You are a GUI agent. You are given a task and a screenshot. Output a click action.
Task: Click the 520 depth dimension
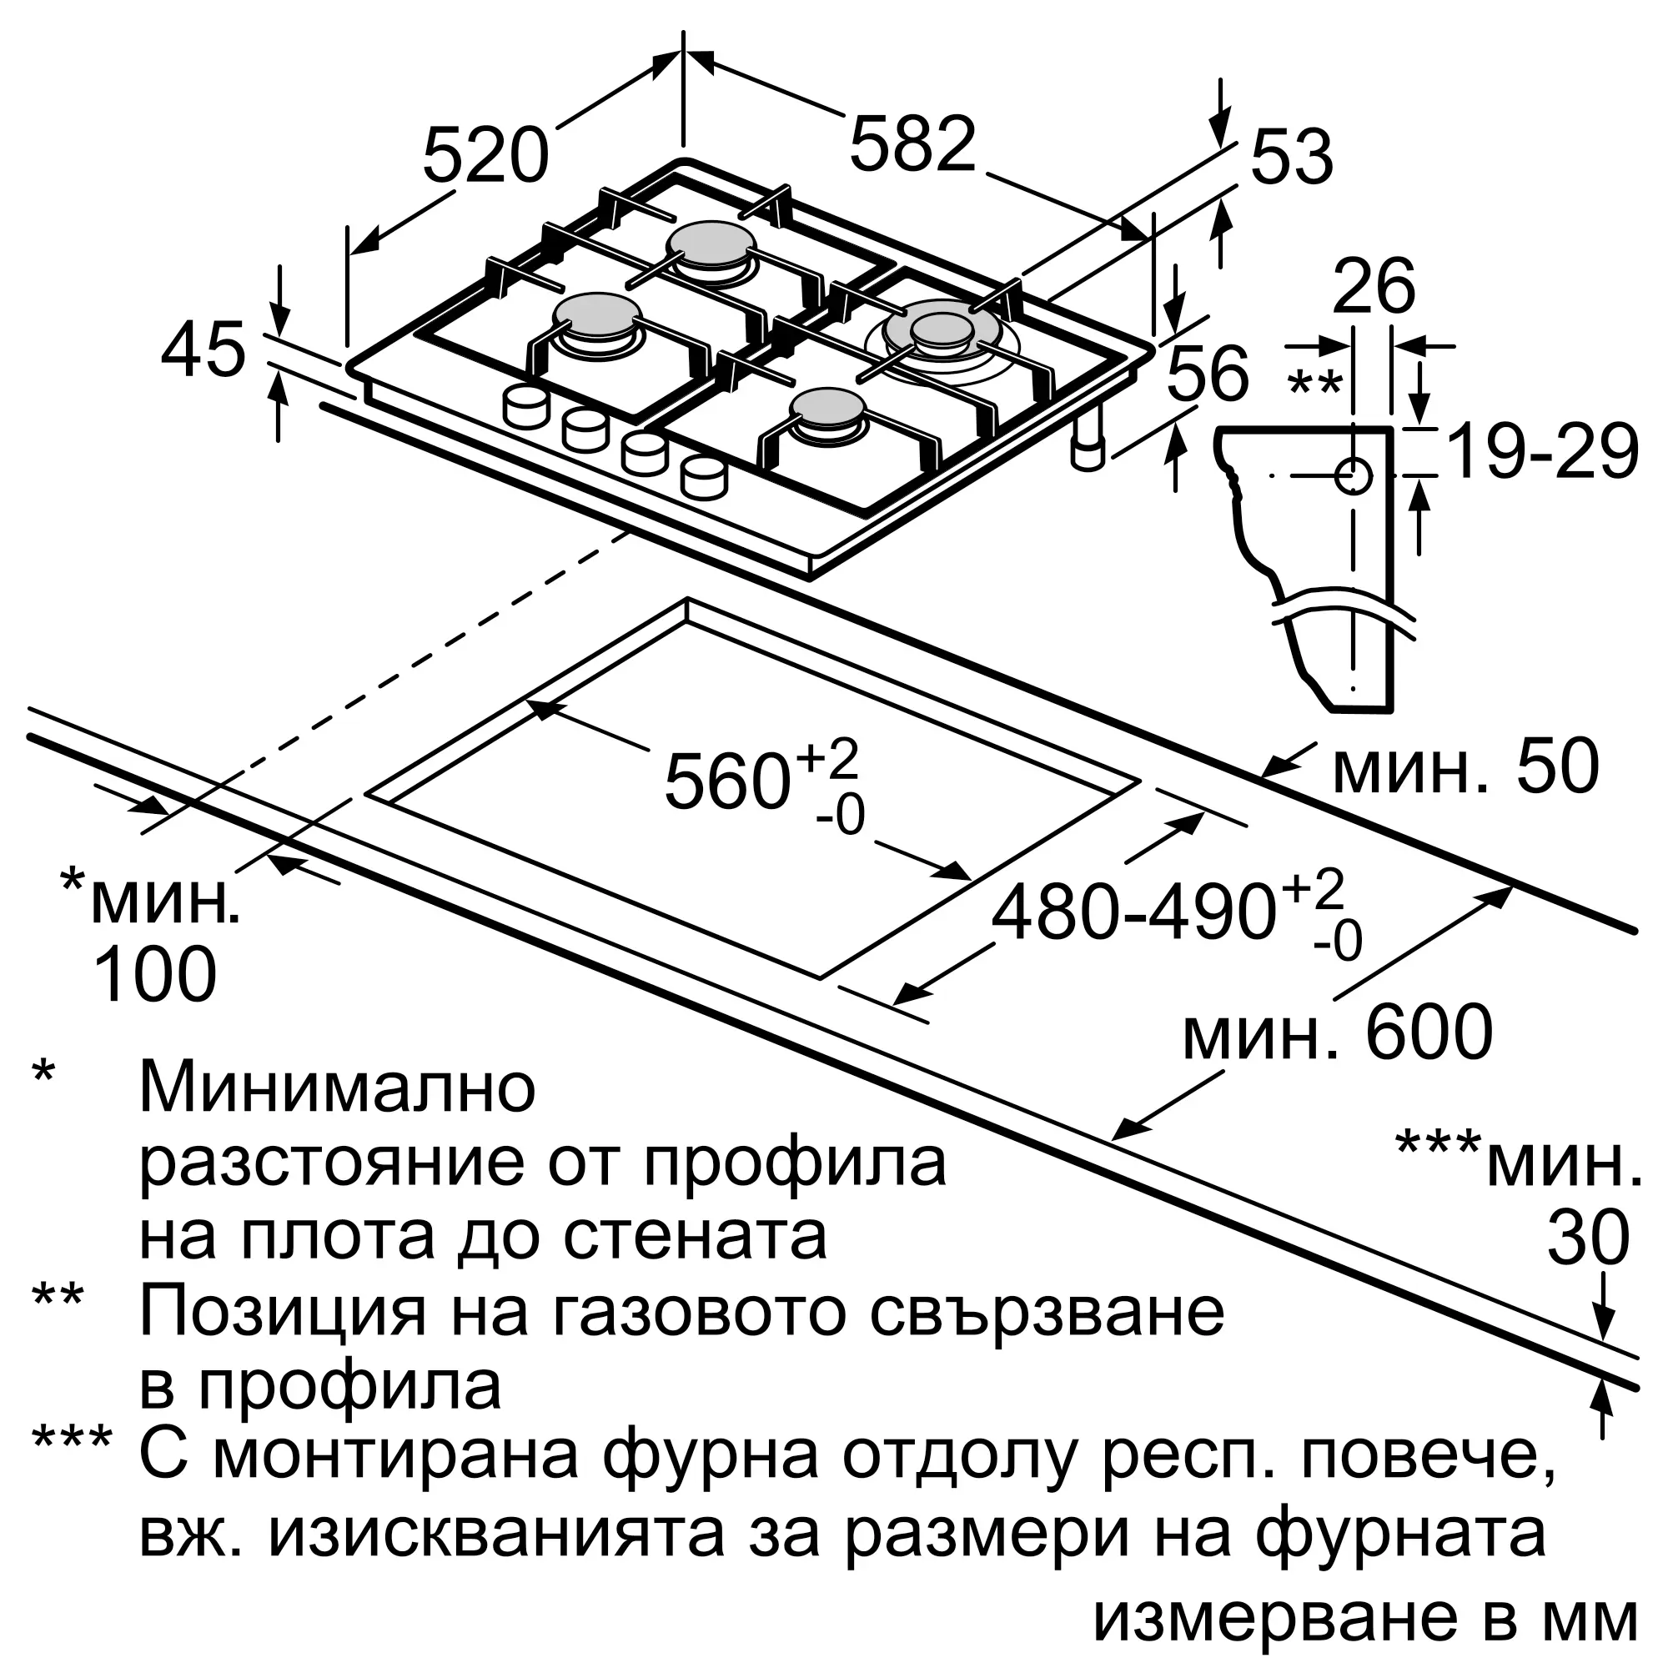tap(486, 155)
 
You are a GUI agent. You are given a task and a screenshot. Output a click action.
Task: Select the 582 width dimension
tap(913, 143)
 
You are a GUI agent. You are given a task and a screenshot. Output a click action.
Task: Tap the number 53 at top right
tap(1292, 158)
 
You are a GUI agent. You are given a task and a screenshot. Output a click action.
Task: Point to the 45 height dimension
tap(203, 349)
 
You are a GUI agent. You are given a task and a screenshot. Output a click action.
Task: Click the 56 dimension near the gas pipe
tap(1207, 373)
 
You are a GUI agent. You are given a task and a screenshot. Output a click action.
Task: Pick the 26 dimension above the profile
tap(1374, 287)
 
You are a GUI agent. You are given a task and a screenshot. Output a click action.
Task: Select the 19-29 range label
tap(1542, 451)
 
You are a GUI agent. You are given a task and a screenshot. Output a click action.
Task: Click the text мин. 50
tap(1466, 766)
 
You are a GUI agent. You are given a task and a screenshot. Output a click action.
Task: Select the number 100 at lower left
tap(153, 974)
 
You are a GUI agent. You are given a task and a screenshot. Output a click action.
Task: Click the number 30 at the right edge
tap(1588, 1238)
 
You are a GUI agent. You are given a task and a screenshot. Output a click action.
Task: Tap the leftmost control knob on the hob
tap(525, 407)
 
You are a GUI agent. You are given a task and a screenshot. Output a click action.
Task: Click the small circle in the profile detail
tap(1353, 475)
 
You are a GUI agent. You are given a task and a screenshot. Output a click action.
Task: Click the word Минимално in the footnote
tap(338, 1088)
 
